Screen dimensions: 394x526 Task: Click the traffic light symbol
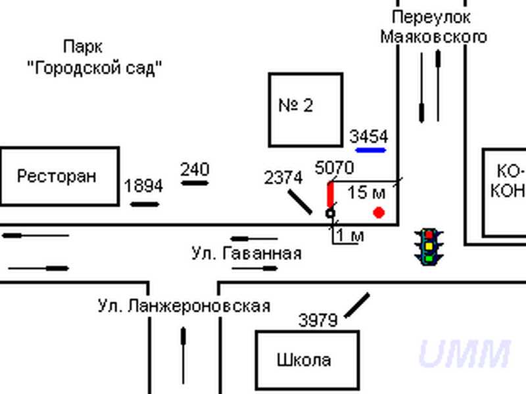click(x=429, y=246)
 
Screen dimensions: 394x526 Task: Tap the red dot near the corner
click(x=379, y=212)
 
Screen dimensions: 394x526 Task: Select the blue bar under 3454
click(x=370, y=150)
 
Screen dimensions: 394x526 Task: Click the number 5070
click(x=335, y=168)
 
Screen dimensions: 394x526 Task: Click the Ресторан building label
click(x=57, y=176)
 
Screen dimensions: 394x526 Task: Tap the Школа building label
click(x=304, y=360)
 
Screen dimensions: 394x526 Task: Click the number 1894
click(x=143, y=186)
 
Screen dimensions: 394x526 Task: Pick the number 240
click(x=195, y=169)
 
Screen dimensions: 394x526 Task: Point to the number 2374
click(x=283, y=177)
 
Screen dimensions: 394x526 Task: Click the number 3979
click(x=318, y=320)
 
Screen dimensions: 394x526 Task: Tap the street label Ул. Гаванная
click(x=247, y=253)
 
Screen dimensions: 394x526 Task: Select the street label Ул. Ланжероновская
click(x=184, y=306)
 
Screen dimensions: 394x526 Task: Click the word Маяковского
click(x=434, y=36)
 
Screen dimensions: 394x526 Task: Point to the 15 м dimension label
click(x=366, y=192)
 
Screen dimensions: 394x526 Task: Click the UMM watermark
click(x=464, y=354)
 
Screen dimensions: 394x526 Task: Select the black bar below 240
click(x=195, y=183)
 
